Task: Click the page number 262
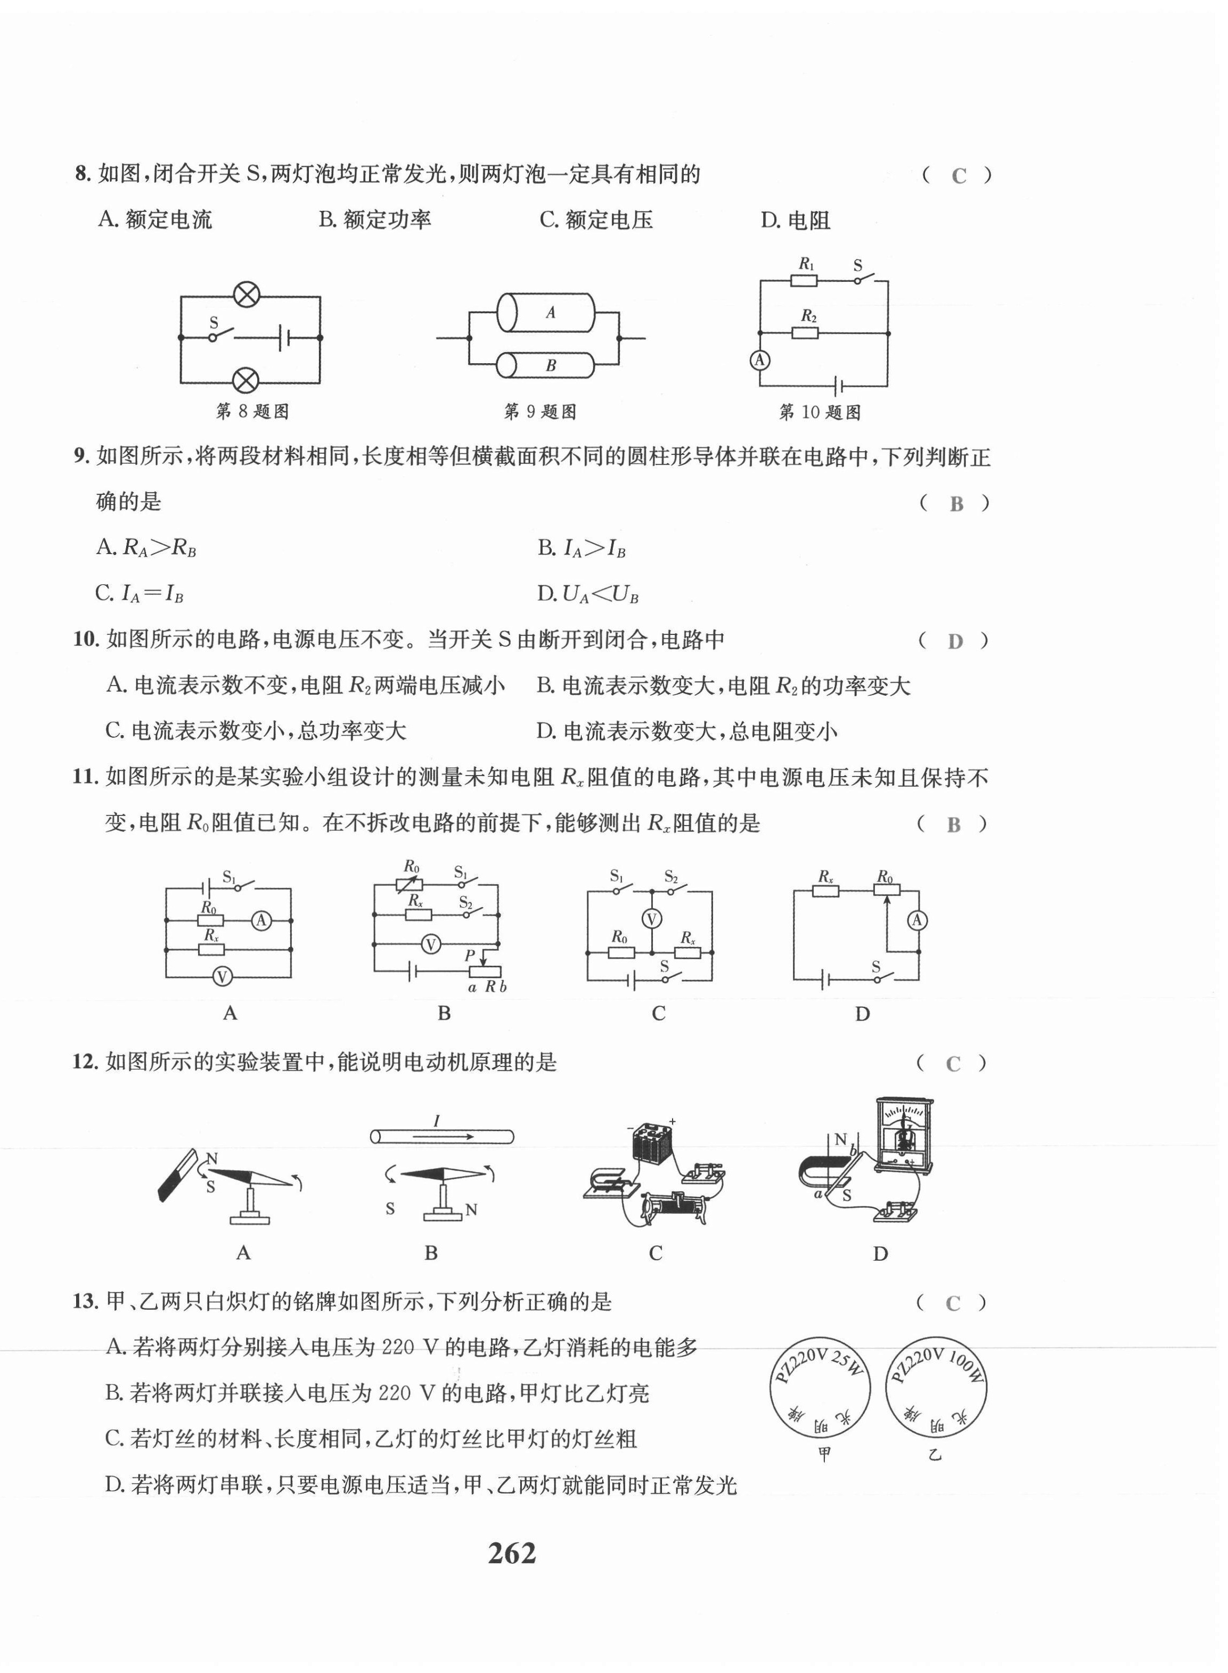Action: (511, 1553)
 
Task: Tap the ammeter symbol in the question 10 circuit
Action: (759, 361)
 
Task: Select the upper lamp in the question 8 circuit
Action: (246, 295)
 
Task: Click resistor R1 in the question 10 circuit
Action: (804, 280)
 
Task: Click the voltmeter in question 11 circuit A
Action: (222, 976)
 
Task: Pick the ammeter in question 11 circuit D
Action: (918, 920)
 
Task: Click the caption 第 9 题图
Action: (541, 412)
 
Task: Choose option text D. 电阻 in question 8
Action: (796, 220)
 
